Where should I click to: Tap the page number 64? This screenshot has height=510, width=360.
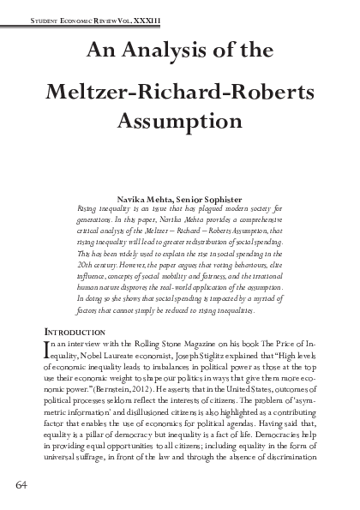(22, 487)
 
